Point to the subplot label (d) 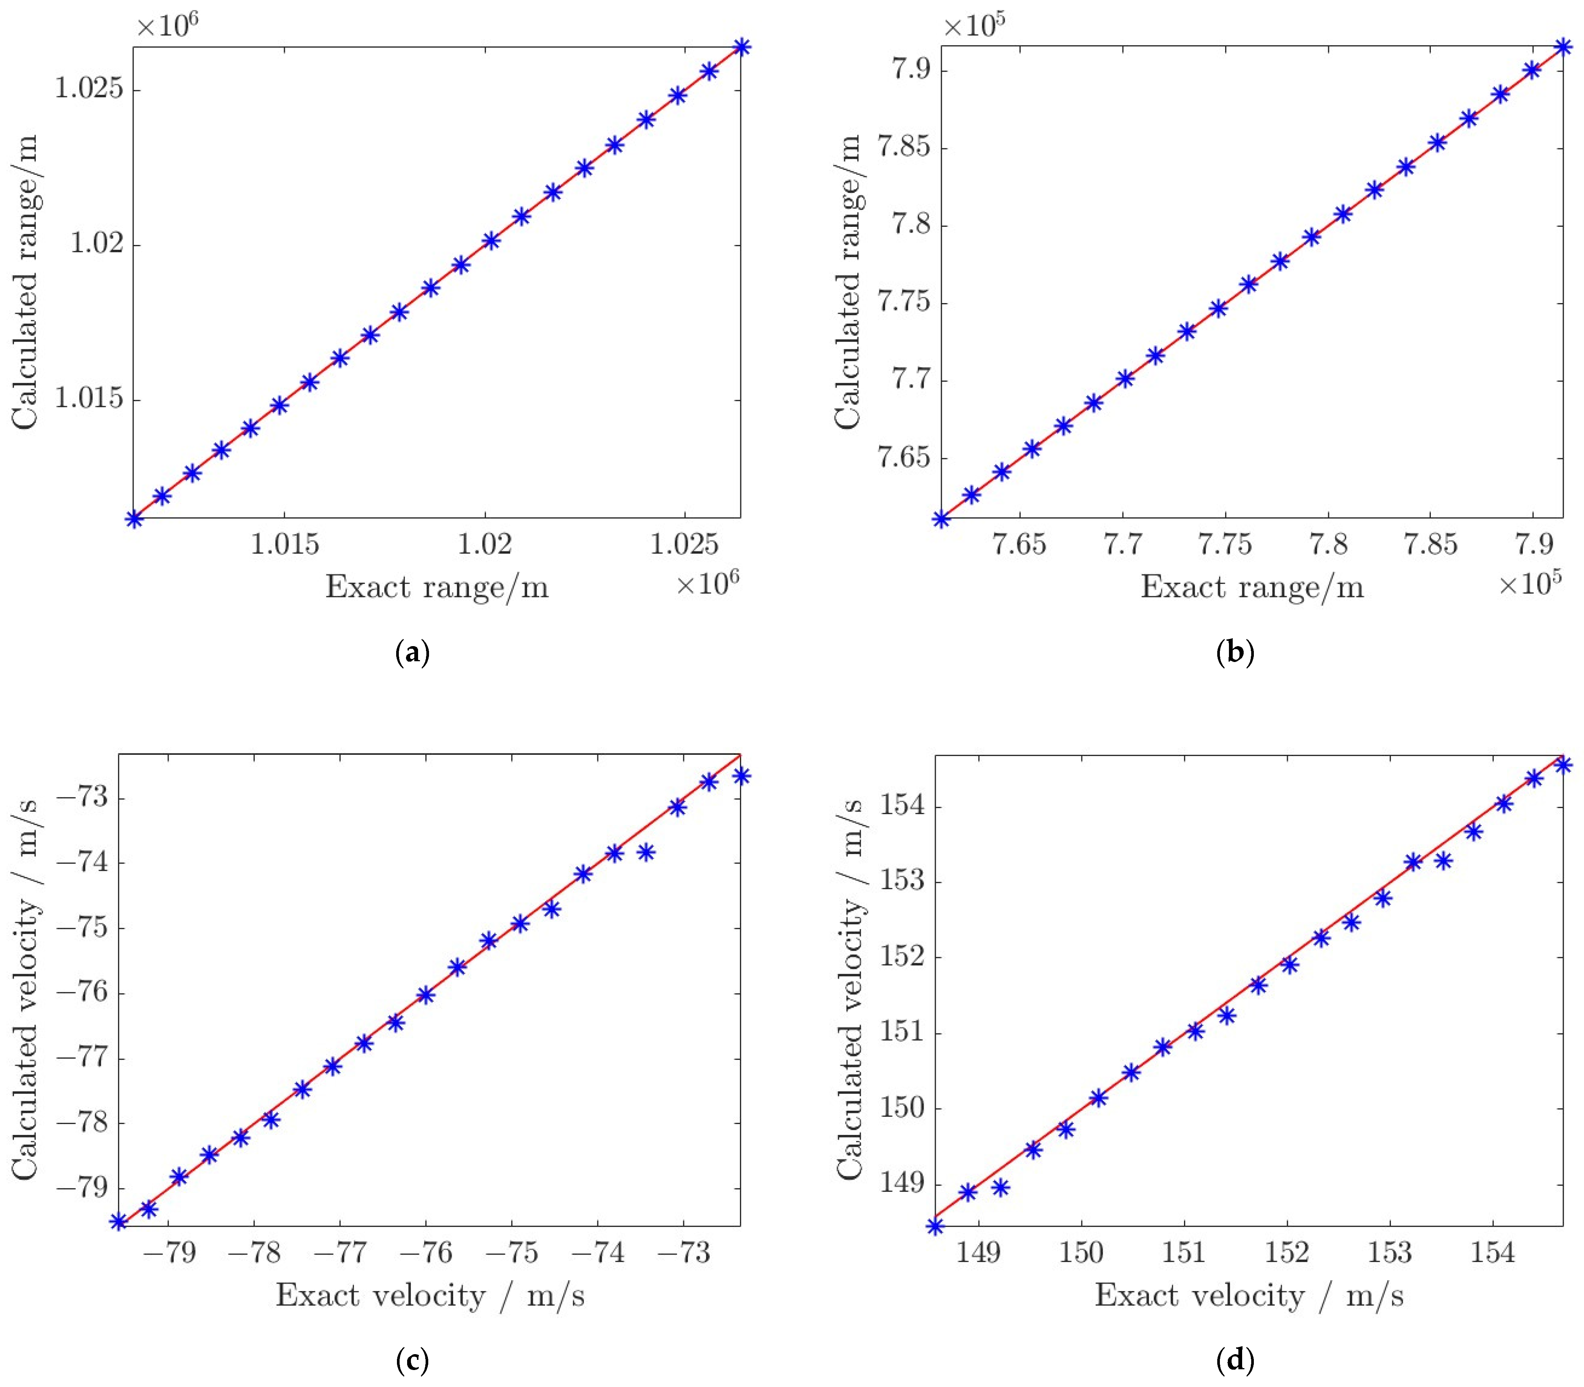tap(1235, 1360)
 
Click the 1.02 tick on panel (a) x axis tap(485, 544)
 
